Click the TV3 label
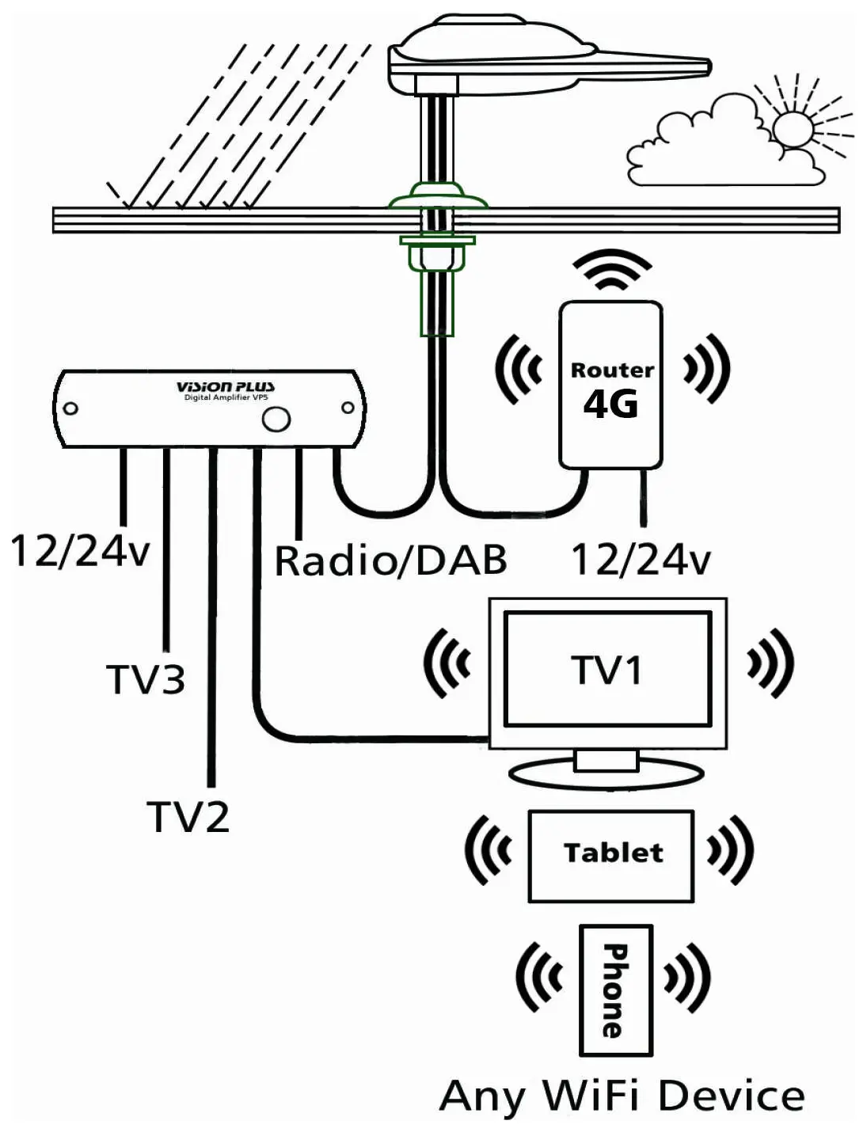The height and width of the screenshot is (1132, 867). pyautogui.click(x=146, y=679)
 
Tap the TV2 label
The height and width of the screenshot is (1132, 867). pyautogui.click(x=188, y=816)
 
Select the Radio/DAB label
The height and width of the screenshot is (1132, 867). pyautogui.click(x=390, y=561)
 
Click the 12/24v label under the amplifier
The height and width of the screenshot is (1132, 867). pyautogui.click(x=80, y=551)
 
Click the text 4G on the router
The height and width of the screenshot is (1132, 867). pyautogui.click(x=610, y=405)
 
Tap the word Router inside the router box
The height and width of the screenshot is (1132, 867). pyautogui.click(x=612, y=370)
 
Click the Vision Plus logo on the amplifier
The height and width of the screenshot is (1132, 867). pyautogui.click(x=225, y=387)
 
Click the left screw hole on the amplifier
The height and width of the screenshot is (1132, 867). pyautogui.click(x=70, y=408)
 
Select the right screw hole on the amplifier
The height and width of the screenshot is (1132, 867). pyautogui.click(x=348, y=408)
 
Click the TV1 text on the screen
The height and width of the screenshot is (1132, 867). pyautogui.click(x=607, y=670)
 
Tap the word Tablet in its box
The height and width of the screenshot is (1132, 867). pyautogui.click(x=614, y=853)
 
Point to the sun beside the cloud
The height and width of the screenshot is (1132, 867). pyautogui.click(x=792, y=129)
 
